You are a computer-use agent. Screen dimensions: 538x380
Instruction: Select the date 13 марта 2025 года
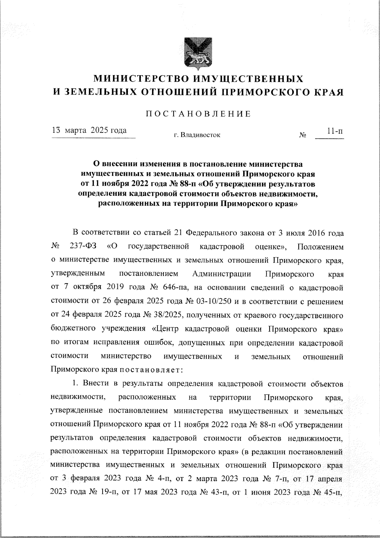pos(90,130)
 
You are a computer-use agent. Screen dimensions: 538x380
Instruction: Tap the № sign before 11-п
pos(302,135)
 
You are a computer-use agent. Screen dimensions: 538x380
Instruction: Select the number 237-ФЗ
pos(83,246)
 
